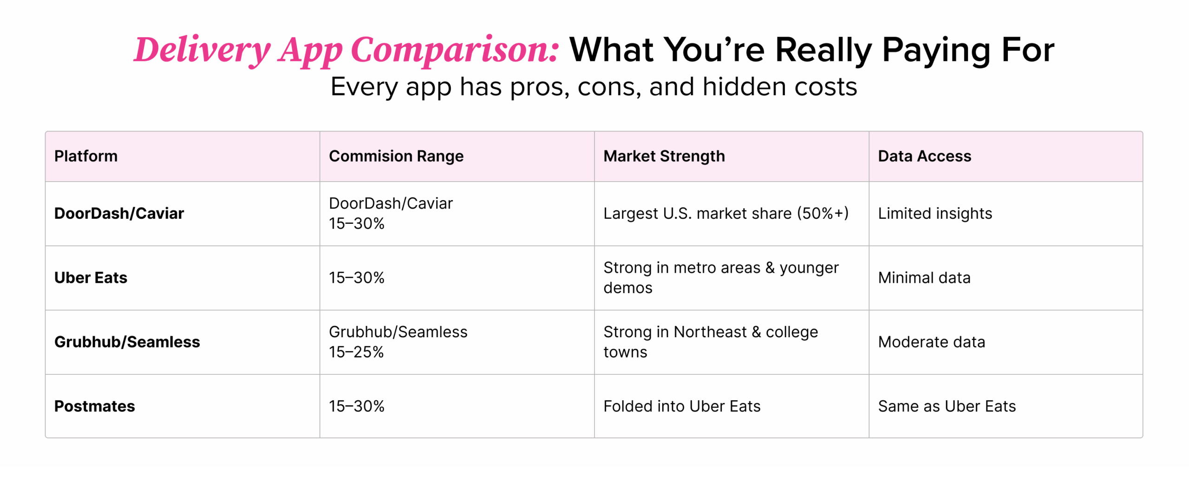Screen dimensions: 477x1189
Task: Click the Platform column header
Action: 86,156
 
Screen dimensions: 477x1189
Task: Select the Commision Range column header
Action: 396,156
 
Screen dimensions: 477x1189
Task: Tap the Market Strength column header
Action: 664,156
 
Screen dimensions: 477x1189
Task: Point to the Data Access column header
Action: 924,156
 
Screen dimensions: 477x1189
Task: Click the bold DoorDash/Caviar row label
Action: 119,213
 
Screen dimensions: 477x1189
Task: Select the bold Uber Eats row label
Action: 91,277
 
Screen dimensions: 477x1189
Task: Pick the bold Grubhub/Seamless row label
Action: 127,342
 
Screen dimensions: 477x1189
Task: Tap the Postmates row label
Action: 94,406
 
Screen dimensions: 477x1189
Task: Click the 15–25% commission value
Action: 356,352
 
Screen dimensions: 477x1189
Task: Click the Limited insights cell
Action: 934,213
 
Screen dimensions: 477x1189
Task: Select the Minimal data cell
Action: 924,277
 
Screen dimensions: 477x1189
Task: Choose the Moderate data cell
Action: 931,342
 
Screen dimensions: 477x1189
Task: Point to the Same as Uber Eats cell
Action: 947,406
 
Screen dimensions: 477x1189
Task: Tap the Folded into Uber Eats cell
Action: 681,406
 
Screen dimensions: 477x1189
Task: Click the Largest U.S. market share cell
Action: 725,213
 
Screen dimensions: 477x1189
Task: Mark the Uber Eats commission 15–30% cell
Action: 356,277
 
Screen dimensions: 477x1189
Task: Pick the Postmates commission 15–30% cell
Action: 356,406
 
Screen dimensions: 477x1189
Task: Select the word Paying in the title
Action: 936,50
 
